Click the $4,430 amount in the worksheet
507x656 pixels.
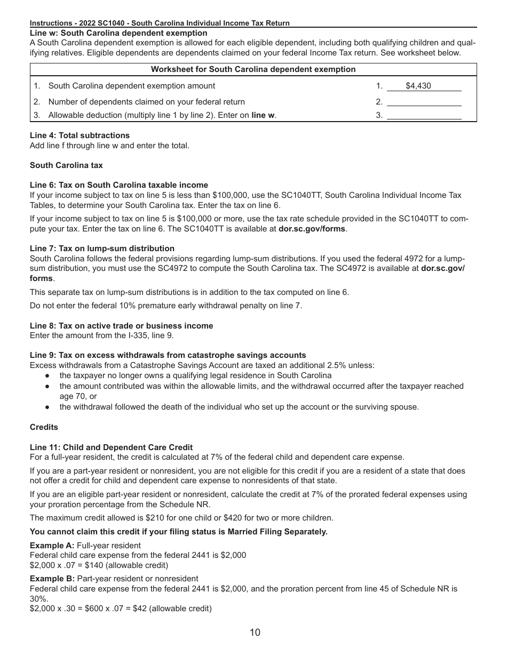tap(418, 86)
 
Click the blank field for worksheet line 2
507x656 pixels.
tap(424, 102)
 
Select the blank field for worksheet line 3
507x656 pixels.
tap(424, 115)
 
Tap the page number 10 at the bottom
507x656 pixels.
tap(255, 633)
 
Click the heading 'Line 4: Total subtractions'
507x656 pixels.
tap(80, 135)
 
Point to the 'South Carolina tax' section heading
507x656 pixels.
tap(66, 165)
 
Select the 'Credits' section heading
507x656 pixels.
tap(44, 427)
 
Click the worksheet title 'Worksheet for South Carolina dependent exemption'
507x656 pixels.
tap(253, 69)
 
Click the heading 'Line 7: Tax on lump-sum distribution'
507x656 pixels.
tap(102, 249)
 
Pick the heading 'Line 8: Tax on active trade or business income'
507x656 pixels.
tap(121, 326)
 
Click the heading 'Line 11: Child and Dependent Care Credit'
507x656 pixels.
tap(111, 447)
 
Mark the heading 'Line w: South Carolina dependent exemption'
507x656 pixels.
tap(118, 33)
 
